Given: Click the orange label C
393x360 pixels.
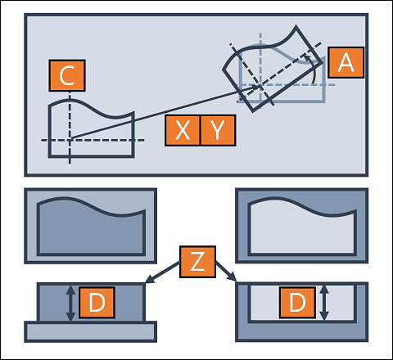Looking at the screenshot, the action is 67,75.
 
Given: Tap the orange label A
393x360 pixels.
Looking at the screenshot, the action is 346,62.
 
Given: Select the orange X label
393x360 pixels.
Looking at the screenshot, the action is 183,130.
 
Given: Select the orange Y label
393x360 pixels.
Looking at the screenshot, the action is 218,130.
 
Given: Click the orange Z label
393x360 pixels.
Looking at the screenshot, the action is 197,262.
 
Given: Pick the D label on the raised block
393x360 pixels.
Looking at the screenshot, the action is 97,302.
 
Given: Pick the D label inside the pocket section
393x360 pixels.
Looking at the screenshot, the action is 297,302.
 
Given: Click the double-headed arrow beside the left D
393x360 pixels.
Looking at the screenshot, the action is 70,303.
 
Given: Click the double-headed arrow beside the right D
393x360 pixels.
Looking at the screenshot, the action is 324,303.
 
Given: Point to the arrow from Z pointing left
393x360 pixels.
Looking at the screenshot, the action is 163,272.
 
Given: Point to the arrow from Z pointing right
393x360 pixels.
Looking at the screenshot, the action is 226,271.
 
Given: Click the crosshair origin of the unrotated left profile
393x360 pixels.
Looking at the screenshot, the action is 70,140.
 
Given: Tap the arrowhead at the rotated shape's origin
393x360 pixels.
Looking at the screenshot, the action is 255,88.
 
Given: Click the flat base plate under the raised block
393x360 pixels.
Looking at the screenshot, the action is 90,331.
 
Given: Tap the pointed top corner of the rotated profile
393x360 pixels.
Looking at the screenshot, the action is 296,26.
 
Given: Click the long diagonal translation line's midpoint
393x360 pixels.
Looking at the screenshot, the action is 165,113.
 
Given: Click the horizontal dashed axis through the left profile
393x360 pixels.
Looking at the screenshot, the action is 93,140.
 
